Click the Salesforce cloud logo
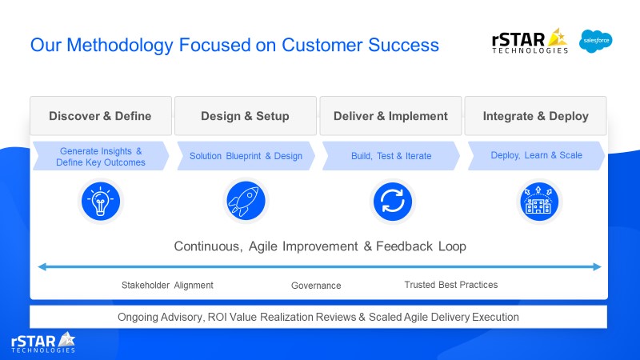tap(595, 41)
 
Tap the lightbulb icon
tap(101, 202)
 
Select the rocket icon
tap(246, 201)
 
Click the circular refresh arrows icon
tap(392, 202)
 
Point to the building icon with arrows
tap(538, 202)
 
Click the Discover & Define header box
tap(101, 116)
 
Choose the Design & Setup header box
tap(246, 116)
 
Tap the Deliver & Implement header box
tap(390, 116)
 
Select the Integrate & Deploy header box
tap(535, 116)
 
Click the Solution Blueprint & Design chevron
tap(246, 156)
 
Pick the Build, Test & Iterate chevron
tap(391, 156)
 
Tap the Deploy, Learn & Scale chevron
tap(536, 155)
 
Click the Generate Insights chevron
tap(101, 156)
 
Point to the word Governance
tap(316, 286)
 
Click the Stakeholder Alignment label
tap(167, 286)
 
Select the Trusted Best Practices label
tap(451, 285)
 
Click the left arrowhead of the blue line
tap(42, 267)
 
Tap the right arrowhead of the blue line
tap(597, 267)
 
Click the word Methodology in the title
tap(120, 45)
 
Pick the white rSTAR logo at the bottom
tap(43, 342)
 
